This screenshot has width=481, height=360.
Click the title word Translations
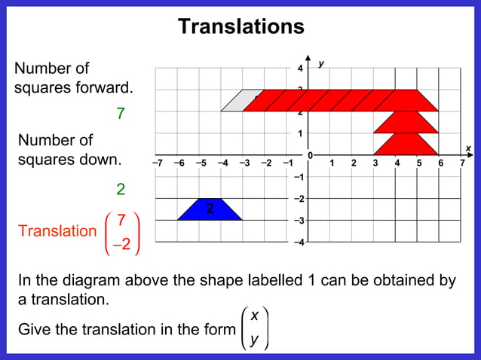(240, 26)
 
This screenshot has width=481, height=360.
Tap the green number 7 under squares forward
(120, 114)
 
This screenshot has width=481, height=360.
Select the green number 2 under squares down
(120, 189)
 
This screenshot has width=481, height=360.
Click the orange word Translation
(58, 231)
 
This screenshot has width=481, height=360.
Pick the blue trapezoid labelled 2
(210, 209)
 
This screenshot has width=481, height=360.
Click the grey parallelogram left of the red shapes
(235, 101)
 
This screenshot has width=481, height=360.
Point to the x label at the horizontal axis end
(467, 148)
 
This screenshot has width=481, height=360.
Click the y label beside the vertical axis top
(322, 64)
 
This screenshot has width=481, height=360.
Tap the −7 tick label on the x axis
(157, 162)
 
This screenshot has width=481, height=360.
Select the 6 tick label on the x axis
(441, 162)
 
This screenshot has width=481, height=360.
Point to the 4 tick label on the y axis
(299, 69)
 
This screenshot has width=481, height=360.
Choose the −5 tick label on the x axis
(201, 162)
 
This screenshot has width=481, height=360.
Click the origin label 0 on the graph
(309, 155)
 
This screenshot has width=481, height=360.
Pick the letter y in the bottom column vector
(254, 339)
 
